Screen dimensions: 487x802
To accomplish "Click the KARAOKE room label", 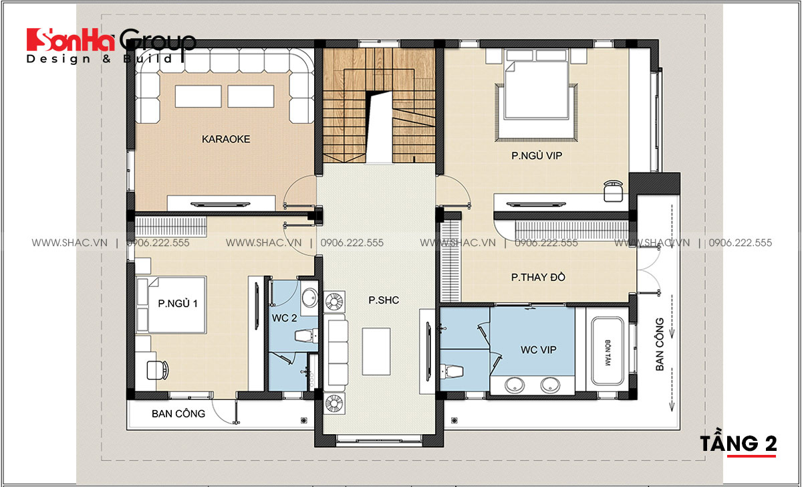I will [226, 139].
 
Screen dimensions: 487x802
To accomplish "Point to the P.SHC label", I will [384, 300].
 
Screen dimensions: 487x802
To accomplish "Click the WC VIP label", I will [539, 350].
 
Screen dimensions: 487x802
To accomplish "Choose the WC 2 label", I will [284, 318].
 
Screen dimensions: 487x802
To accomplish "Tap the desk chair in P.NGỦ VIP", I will [614, 191].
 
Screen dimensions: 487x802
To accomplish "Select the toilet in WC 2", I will [305, 336].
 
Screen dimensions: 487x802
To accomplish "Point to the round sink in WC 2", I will [309, 298].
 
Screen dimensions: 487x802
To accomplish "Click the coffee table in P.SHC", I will [376, 351].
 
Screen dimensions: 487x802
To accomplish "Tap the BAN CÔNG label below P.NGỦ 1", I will [178, 413].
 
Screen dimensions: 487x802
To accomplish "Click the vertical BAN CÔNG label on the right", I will [660, 344].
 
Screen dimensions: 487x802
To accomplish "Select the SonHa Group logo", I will [110, 45].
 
